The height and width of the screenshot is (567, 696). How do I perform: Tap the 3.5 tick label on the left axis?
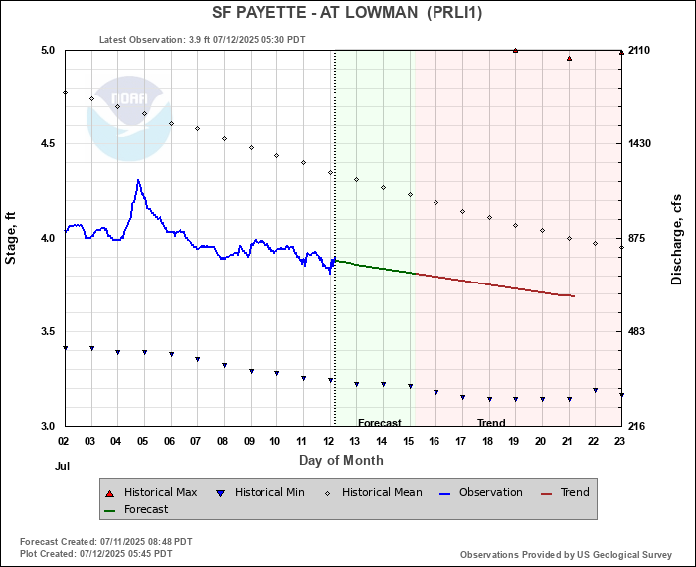point(48,331)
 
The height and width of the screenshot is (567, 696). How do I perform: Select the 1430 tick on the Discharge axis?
point(638,143)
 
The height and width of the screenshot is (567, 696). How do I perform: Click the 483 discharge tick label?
point(634,331)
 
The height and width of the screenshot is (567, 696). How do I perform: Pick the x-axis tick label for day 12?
point(329,440)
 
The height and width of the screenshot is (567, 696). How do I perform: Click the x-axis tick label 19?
point(514,440)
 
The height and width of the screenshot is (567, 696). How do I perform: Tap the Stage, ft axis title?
point(11,238)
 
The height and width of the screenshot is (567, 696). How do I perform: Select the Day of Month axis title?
point(341,460)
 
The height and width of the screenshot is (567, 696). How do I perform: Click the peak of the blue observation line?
point(138,180)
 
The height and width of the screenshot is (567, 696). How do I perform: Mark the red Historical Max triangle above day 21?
point(569,58)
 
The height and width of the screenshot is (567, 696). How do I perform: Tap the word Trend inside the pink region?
point(491,423)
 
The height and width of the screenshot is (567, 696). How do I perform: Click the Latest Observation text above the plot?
point(203,40)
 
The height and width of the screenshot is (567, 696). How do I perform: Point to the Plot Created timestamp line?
point(105,552)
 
